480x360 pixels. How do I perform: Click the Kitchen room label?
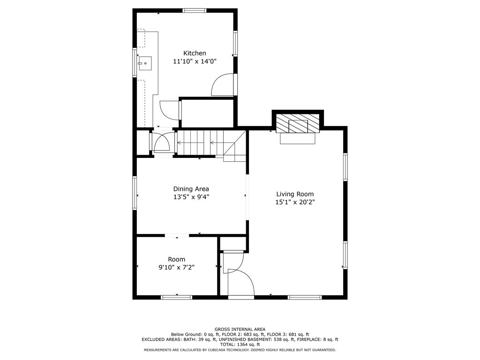click(195, 53)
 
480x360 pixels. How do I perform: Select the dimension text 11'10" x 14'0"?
click(195, 61)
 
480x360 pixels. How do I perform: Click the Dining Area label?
click(191, 189)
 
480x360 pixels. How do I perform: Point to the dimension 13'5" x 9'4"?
click(191, 197)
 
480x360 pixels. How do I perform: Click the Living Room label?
click(295, 194)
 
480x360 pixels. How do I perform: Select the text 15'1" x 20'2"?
click(295, 202)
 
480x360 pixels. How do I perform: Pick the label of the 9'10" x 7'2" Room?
click(177, 259)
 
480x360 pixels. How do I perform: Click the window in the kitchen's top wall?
click(195, 10)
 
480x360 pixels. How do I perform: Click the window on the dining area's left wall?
click(135, 193)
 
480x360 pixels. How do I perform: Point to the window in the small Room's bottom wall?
click(177, 297)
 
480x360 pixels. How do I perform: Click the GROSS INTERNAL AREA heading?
click(240, 329)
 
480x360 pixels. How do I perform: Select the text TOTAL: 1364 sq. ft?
click(240, 345)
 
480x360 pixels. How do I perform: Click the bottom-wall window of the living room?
click(305, 297)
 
